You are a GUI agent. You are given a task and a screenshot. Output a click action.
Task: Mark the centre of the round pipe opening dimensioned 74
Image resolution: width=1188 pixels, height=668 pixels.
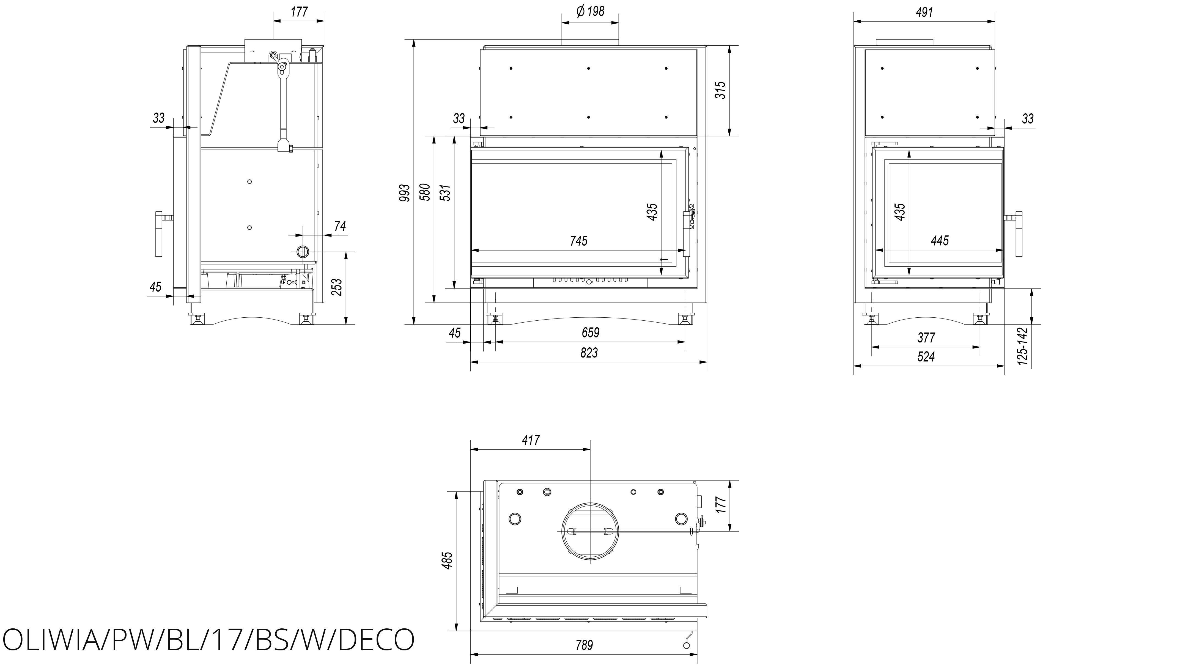[x=303, y=252]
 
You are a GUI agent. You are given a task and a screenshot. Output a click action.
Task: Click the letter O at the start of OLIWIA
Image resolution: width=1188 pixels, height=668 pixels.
[x=13, y=639]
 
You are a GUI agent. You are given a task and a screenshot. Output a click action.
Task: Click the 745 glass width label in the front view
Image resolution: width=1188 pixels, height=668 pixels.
[x=579, y=241]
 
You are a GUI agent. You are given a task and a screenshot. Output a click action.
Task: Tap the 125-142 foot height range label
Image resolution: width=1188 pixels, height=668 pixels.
[x=1023, y=347]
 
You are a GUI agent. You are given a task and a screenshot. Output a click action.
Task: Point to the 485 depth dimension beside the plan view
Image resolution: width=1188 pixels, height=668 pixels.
[x=447, y=560]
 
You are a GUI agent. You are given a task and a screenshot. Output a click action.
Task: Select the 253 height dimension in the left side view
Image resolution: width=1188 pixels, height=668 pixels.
[x=337, y=287]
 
